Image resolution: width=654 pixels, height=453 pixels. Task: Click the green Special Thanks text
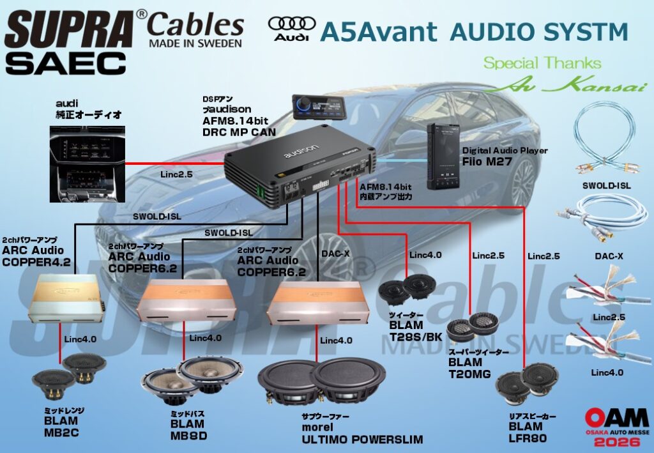pyautogui.click(x=542, y=63)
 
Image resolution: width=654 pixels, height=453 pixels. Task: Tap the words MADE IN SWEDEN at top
pyautogui.click(x=195, y=44)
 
